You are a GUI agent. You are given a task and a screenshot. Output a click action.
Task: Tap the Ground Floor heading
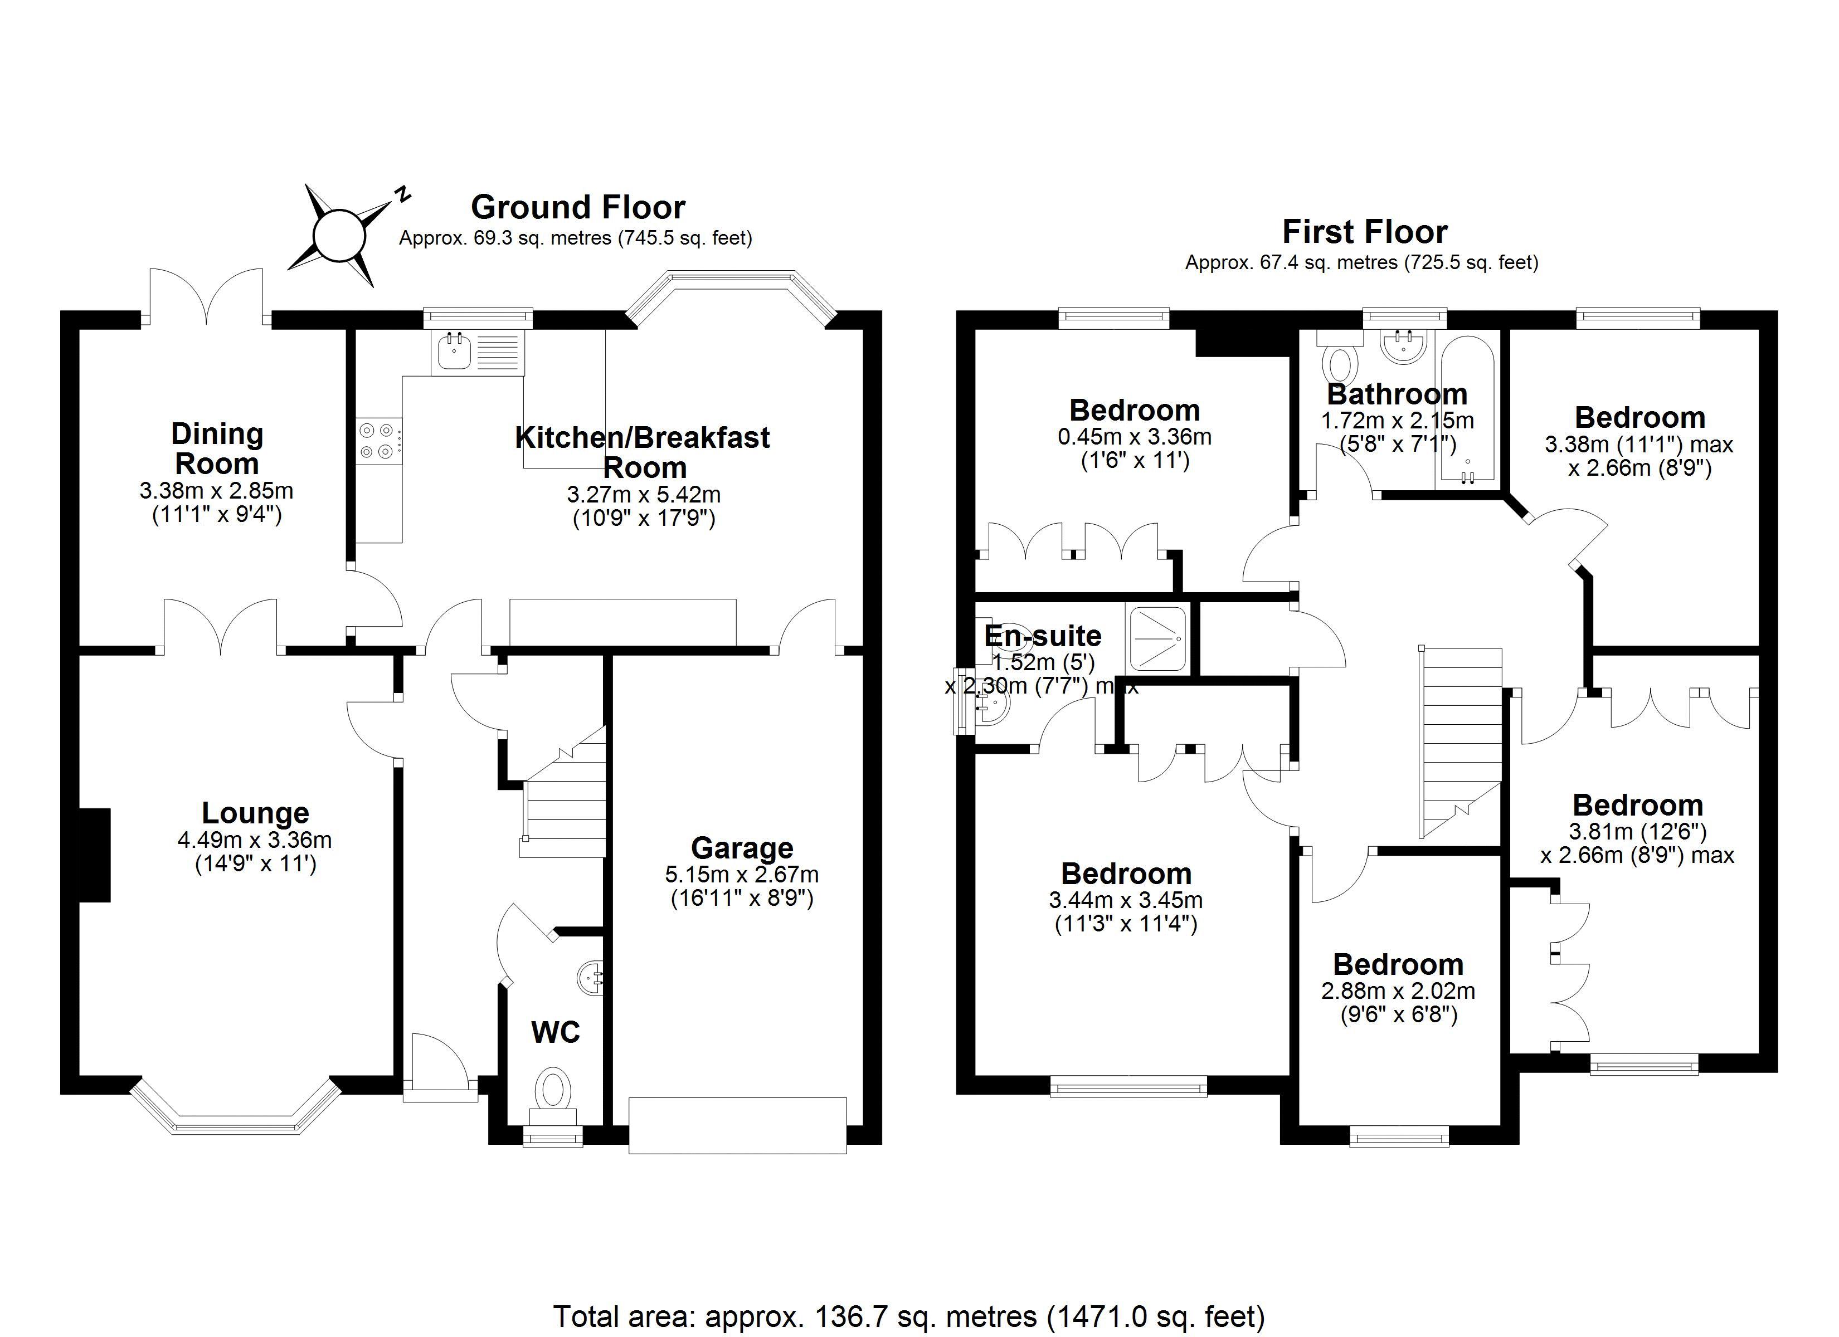(x=577, y=208)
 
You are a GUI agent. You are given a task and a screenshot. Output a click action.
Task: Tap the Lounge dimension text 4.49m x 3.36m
(x=255, y=840)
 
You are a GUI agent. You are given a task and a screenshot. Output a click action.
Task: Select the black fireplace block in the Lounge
(x=95, y=855)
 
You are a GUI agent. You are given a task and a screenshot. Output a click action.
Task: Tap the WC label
(x=556, y=1032)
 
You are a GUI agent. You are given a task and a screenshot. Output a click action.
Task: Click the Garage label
(x=742, y=848)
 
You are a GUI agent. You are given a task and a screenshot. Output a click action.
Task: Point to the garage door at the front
(x=737, y=1125)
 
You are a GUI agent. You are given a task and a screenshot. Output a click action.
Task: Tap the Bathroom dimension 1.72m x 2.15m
(x=1397, y=421)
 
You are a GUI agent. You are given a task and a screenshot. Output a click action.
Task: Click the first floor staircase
(x=1459, y=742)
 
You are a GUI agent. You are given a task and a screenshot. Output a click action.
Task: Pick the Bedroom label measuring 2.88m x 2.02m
(x=1398, y=964)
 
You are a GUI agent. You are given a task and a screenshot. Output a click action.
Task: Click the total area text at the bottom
(x=908, y=1316)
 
